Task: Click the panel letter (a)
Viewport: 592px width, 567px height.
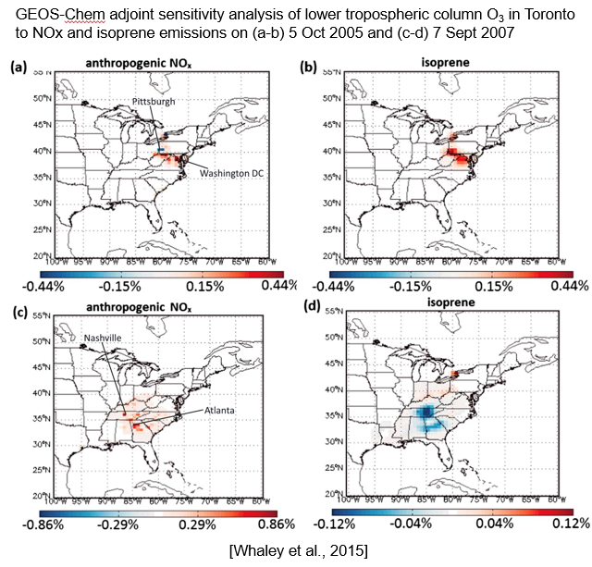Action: click(x=18, y=68)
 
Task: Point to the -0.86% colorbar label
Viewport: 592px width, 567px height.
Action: click(x=55, y=523)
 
